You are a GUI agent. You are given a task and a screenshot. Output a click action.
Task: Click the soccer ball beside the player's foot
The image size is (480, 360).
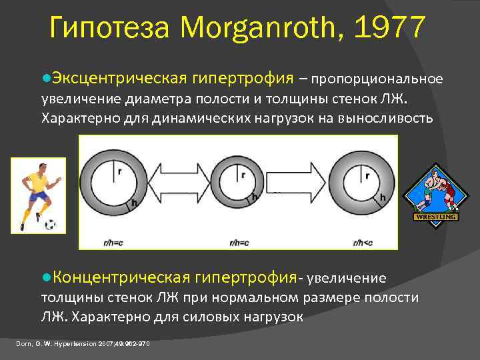coord(51,225)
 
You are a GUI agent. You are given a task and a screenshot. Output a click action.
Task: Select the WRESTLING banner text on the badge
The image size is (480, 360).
coord(436,217)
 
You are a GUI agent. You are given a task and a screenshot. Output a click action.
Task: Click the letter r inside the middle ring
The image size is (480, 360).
coord(243,175)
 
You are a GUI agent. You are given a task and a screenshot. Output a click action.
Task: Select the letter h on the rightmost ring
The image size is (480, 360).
coord(383,198)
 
